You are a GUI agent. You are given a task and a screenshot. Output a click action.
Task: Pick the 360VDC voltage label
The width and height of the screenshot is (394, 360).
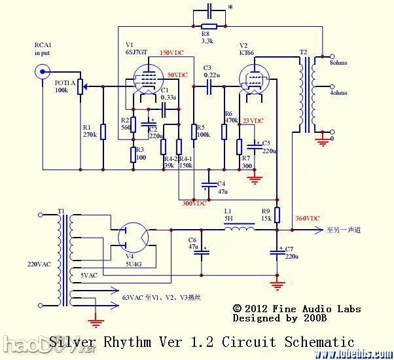pyautogui.click(x=308, y=218)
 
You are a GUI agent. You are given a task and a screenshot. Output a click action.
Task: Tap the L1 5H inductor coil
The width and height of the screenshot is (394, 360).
pyautogui.click(x=240, y=230)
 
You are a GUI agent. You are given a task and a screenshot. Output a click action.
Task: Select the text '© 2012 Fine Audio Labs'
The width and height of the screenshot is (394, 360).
pyautogui.click(x=296, y=308)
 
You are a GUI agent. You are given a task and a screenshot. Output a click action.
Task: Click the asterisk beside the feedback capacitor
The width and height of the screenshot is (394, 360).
pyautogui.click(x=229, y=8)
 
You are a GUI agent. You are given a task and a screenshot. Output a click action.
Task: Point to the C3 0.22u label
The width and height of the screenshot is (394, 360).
pyautogui.click(x=211, y=71)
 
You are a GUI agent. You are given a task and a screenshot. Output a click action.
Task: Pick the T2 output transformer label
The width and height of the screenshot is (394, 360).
pyautogui.click(x=303, y=52)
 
